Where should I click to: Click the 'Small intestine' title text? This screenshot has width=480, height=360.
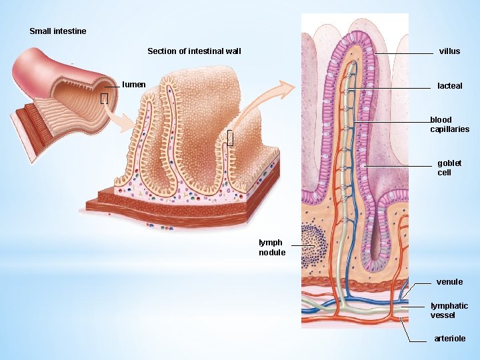tap(57, 31)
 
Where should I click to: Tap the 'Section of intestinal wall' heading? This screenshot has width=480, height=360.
tap(194, 51)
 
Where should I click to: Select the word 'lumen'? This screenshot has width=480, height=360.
tap(134, 85)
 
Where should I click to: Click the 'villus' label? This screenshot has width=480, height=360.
tap(449, 51)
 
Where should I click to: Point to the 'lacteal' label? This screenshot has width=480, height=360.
tap(449, 86)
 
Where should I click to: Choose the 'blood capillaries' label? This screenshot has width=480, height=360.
tap(449, 125)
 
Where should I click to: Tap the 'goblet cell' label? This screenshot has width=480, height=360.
tap(449, 168)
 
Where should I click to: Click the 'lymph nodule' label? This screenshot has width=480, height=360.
tap(272, 247)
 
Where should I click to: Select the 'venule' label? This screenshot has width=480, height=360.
tap(449, 282)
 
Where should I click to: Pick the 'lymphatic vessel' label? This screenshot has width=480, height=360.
tap(449, 310)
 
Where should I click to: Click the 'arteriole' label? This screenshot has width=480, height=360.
tap(449, 339)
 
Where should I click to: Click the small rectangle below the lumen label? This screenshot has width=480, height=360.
tap(104, 99)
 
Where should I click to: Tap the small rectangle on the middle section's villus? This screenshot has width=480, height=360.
tap(230, 138)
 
